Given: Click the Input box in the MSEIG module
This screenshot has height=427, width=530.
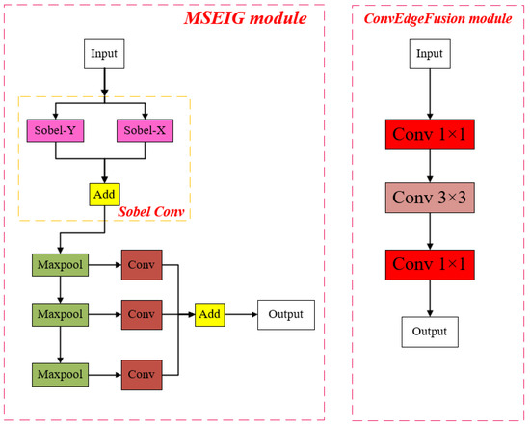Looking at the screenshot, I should (x=104, y=55).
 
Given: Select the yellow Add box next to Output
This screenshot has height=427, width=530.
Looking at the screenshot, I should (x=209, y=314).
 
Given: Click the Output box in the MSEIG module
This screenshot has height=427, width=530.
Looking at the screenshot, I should (x=285, y=314).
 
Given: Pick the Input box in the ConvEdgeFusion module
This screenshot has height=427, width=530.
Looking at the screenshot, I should (x=430, y=55).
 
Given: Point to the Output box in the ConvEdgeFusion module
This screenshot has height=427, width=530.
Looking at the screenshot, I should (x=430, y=332).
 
